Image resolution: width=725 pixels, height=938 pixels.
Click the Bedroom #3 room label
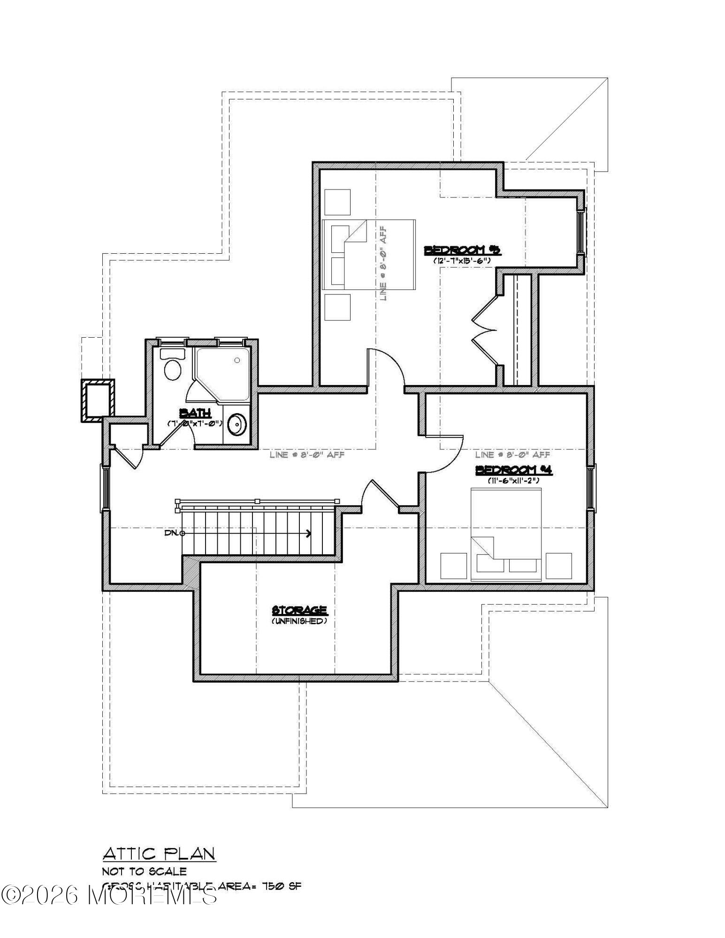[x=462, y=250]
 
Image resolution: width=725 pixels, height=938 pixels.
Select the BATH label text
[x=195, y=413]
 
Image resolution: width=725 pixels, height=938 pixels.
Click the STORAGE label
[x=299, y=610]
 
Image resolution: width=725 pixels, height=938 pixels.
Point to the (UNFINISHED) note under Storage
[x=299, y=621]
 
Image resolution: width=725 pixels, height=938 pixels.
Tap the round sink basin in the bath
[x=237, y=425]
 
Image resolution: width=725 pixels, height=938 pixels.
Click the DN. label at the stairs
[x=172, y=533]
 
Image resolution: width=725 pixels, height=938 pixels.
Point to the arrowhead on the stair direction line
[x=308, y=533]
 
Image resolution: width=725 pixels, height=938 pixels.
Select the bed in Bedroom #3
[x=369, y=254]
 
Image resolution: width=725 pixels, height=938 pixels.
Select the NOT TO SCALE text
[x=145, y=871]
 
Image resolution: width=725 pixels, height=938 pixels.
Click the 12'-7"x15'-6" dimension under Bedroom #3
[x=462, y=260]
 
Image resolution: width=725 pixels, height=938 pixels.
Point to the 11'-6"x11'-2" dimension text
[x=514, y=480]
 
